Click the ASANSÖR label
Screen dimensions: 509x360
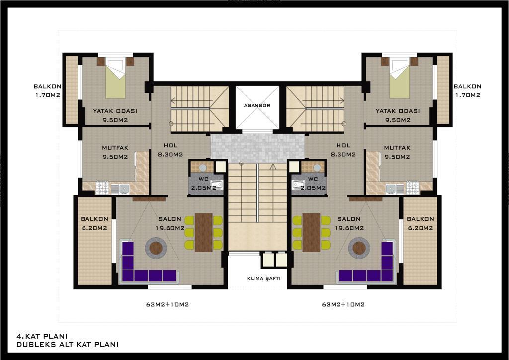pos(257,105)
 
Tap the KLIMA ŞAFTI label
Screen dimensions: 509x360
pos(263,278)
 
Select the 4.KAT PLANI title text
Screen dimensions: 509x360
pos(42,336)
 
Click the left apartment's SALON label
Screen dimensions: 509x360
pos(170,219)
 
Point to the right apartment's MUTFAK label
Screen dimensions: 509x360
pos(397,148)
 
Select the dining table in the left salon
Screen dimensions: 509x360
pos(203,232)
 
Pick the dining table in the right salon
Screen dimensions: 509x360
pos(311,232)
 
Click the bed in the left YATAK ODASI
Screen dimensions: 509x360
pos(115,78)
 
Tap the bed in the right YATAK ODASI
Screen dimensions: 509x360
pos(400,78)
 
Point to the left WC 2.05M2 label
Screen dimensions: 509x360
pos(203,183)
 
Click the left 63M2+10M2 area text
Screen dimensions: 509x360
pos(168,304)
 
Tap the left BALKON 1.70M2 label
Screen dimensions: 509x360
pos(47,91)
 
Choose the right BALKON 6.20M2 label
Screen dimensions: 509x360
pos(421,223)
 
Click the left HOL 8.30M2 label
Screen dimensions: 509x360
pos(170,150)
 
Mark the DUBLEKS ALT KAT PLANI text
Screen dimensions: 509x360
pos(68,345)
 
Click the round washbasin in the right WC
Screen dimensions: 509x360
pos(317,168)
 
